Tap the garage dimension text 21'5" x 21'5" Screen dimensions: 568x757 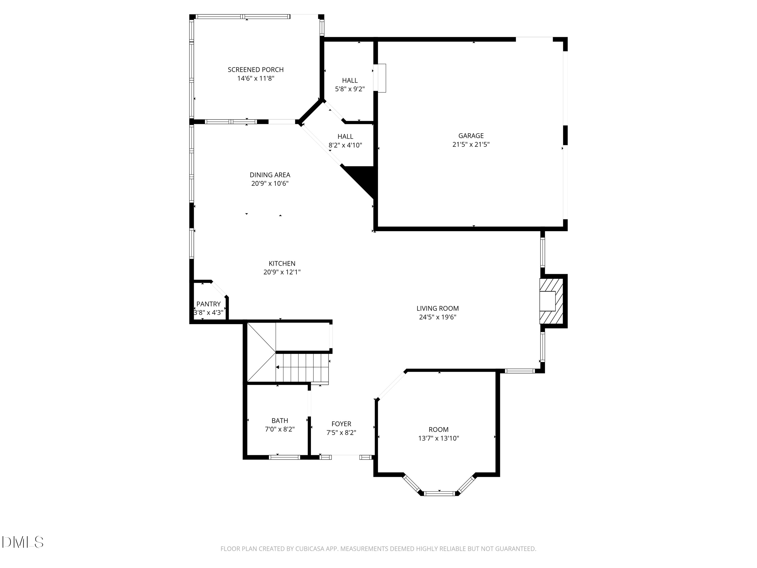click(x=471, y=144)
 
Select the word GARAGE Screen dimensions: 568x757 click(x=471, y=136)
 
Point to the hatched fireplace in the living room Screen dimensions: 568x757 click(x=551, y=301)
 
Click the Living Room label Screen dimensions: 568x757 click(x=437, y=308)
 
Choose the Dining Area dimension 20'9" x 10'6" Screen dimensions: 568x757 click(x=270, y=184)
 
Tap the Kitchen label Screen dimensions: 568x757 click(x=282, y=264)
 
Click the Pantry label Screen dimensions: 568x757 click(x=208, y=304)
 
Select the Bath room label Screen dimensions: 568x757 click(x=279, y=421)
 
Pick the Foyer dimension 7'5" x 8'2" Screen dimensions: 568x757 click(x=341, y=433)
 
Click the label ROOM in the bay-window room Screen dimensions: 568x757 click(x=438, y=430)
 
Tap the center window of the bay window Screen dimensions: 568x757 click(x=439, y=493)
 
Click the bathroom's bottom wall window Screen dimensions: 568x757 click(x=284, y=457)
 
